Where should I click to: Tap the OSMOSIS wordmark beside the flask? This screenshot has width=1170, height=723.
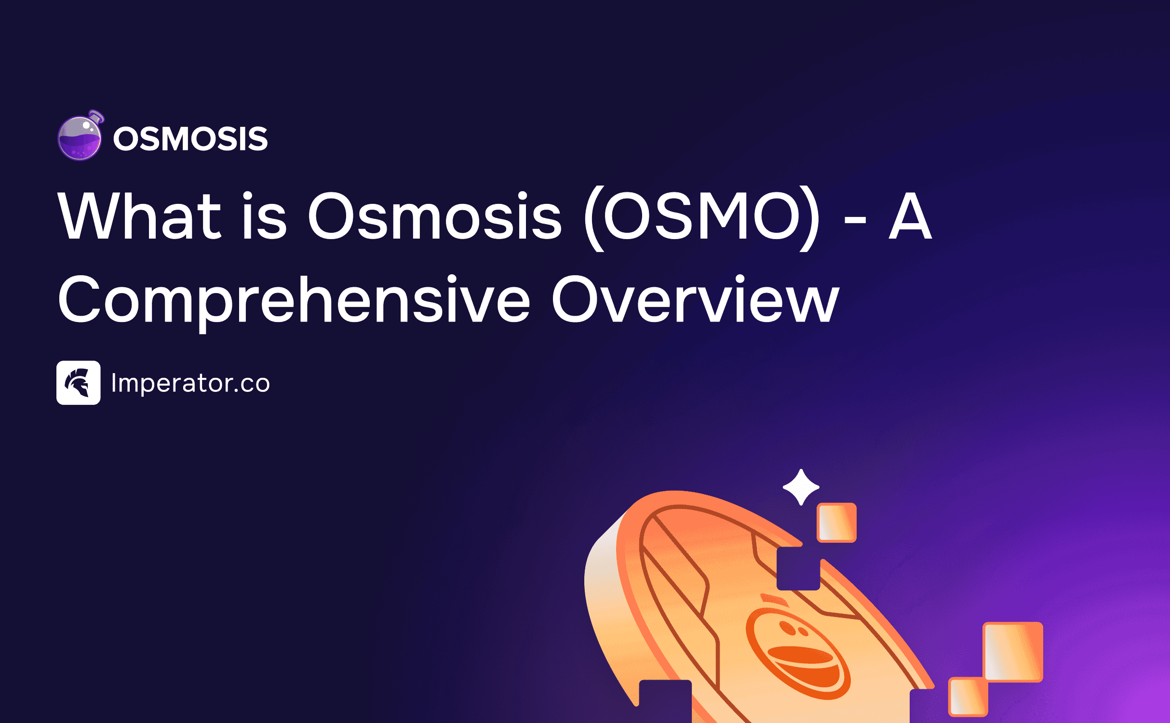190,139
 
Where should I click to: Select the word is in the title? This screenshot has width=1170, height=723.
264,215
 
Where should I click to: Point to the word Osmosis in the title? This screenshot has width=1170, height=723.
435,215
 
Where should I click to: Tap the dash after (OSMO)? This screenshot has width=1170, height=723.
855,221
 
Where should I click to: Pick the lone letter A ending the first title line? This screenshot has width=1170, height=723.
910,215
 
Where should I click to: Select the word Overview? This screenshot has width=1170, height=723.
696,299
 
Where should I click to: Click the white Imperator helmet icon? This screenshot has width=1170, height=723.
79,383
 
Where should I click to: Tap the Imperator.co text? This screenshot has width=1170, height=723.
190,383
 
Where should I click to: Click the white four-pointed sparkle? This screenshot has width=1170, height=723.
801,487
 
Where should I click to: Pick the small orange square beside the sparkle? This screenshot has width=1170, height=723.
836,522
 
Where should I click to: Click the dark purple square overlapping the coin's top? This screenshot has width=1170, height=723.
798,568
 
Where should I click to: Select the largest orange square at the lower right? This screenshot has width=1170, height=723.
1013,652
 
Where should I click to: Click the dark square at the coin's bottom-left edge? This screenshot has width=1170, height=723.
665,701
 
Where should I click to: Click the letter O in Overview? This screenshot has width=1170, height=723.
576,299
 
